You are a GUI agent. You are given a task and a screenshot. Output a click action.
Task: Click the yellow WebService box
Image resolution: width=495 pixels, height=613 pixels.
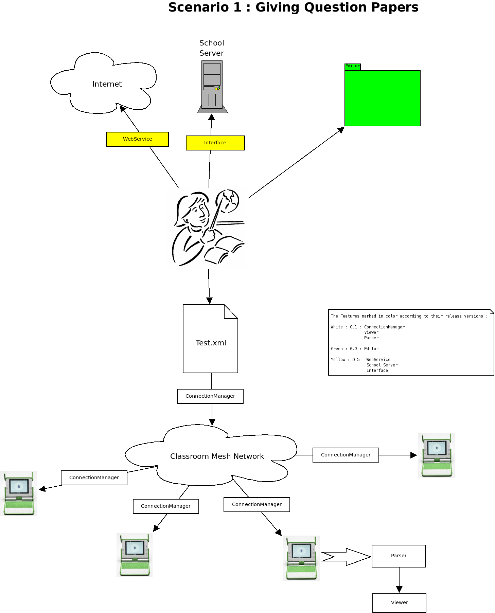137,139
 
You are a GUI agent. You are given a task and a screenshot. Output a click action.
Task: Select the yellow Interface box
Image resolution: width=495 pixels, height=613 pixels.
215,143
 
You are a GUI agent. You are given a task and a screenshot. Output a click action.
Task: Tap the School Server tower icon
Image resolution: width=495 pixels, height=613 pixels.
212,87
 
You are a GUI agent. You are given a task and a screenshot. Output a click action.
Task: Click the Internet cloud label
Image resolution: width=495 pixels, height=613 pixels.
107,84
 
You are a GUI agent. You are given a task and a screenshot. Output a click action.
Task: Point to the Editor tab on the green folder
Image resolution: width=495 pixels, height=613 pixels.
352,67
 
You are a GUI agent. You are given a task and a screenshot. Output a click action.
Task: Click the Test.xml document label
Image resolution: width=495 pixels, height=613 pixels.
211,343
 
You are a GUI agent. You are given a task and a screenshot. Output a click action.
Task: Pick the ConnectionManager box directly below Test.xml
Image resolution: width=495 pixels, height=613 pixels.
210,396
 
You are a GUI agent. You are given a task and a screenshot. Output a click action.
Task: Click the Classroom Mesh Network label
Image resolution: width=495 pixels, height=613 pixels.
217,456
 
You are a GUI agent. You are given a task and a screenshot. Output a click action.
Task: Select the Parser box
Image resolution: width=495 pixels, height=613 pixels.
399,556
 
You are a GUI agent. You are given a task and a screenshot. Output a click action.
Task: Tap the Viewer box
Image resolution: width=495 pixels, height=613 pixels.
399,603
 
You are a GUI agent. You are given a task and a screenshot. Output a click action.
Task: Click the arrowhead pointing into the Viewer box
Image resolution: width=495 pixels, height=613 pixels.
399,589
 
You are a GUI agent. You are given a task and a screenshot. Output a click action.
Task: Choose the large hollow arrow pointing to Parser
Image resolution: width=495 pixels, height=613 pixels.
347,557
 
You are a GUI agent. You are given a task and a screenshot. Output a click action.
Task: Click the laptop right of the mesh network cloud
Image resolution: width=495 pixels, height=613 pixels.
437,455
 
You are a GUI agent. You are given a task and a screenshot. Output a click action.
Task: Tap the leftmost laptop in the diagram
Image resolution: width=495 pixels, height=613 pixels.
19,493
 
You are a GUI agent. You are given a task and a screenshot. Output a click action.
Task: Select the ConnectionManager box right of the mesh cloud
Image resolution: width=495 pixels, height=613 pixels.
346,455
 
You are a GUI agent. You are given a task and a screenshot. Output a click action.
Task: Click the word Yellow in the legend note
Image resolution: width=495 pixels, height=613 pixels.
338,360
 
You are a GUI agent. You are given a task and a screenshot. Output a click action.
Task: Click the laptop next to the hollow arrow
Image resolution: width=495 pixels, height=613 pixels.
301,558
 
